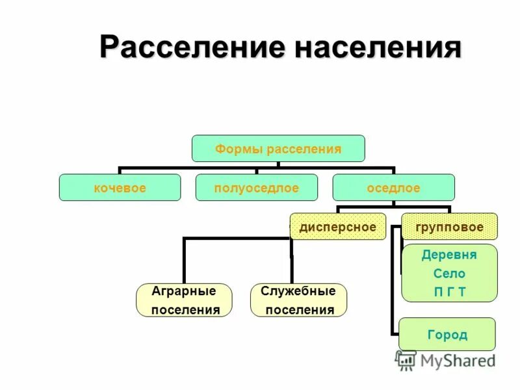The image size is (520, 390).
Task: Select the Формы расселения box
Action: click(x=278, y=149)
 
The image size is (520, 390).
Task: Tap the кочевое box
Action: click(x=120, y=188)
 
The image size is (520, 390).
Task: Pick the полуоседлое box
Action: click(x=257, y=188)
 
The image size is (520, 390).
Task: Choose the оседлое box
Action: click(x=393, y=188)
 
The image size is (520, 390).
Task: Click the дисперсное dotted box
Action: click(x=337, y=227)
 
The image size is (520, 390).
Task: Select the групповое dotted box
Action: click(x=449, y=227)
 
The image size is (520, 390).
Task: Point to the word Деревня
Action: click(x=449, y=255)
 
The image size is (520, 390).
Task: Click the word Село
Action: click(x=449, y=274)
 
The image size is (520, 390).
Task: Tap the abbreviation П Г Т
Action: click(x=449, y=292)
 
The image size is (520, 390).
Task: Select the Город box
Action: click(x=447, y=335)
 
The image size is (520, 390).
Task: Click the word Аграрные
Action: click(x=183, y=291)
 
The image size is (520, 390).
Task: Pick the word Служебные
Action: click(x=298, y=291)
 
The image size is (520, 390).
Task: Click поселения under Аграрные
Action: click(x=185, y=310)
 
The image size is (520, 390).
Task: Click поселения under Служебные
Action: click(x=300, y=310)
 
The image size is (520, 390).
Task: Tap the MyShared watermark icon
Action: click(x=406, y=360)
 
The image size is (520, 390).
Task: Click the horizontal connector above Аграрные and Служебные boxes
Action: click(x=237, y=239)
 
